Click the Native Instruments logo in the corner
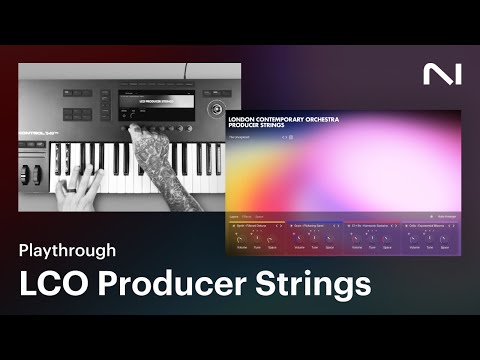pos(438,74)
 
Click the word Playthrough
pos(66,249)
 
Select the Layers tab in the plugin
pos(234,215)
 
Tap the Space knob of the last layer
pos(444,236)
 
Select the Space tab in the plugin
pos(261,215)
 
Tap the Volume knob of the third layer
pos(357,236)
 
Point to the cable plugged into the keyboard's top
pos(185,72)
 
